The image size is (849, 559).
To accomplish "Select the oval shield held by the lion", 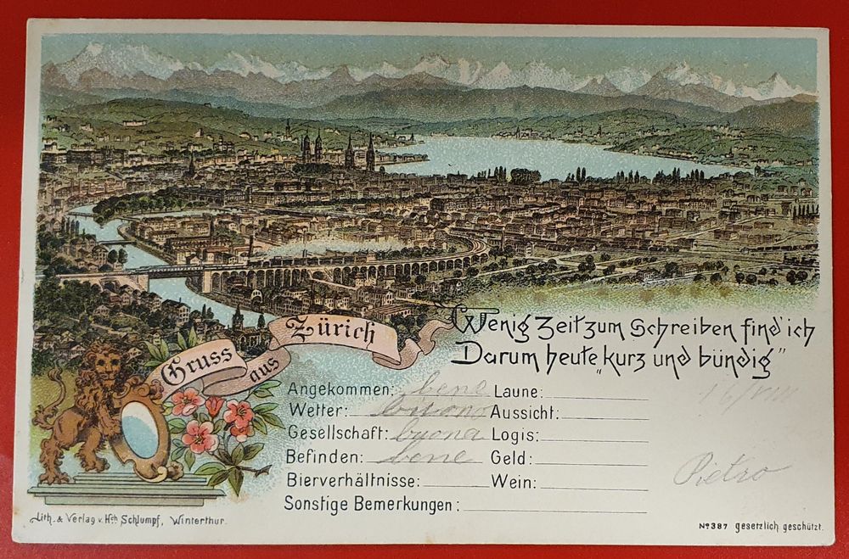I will click(x=140, y=428).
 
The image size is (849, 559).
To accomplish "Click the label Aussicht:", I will click(x=524, y=413).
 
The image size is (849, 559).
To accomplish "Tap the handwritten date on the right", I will click(x=747, y=393).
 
